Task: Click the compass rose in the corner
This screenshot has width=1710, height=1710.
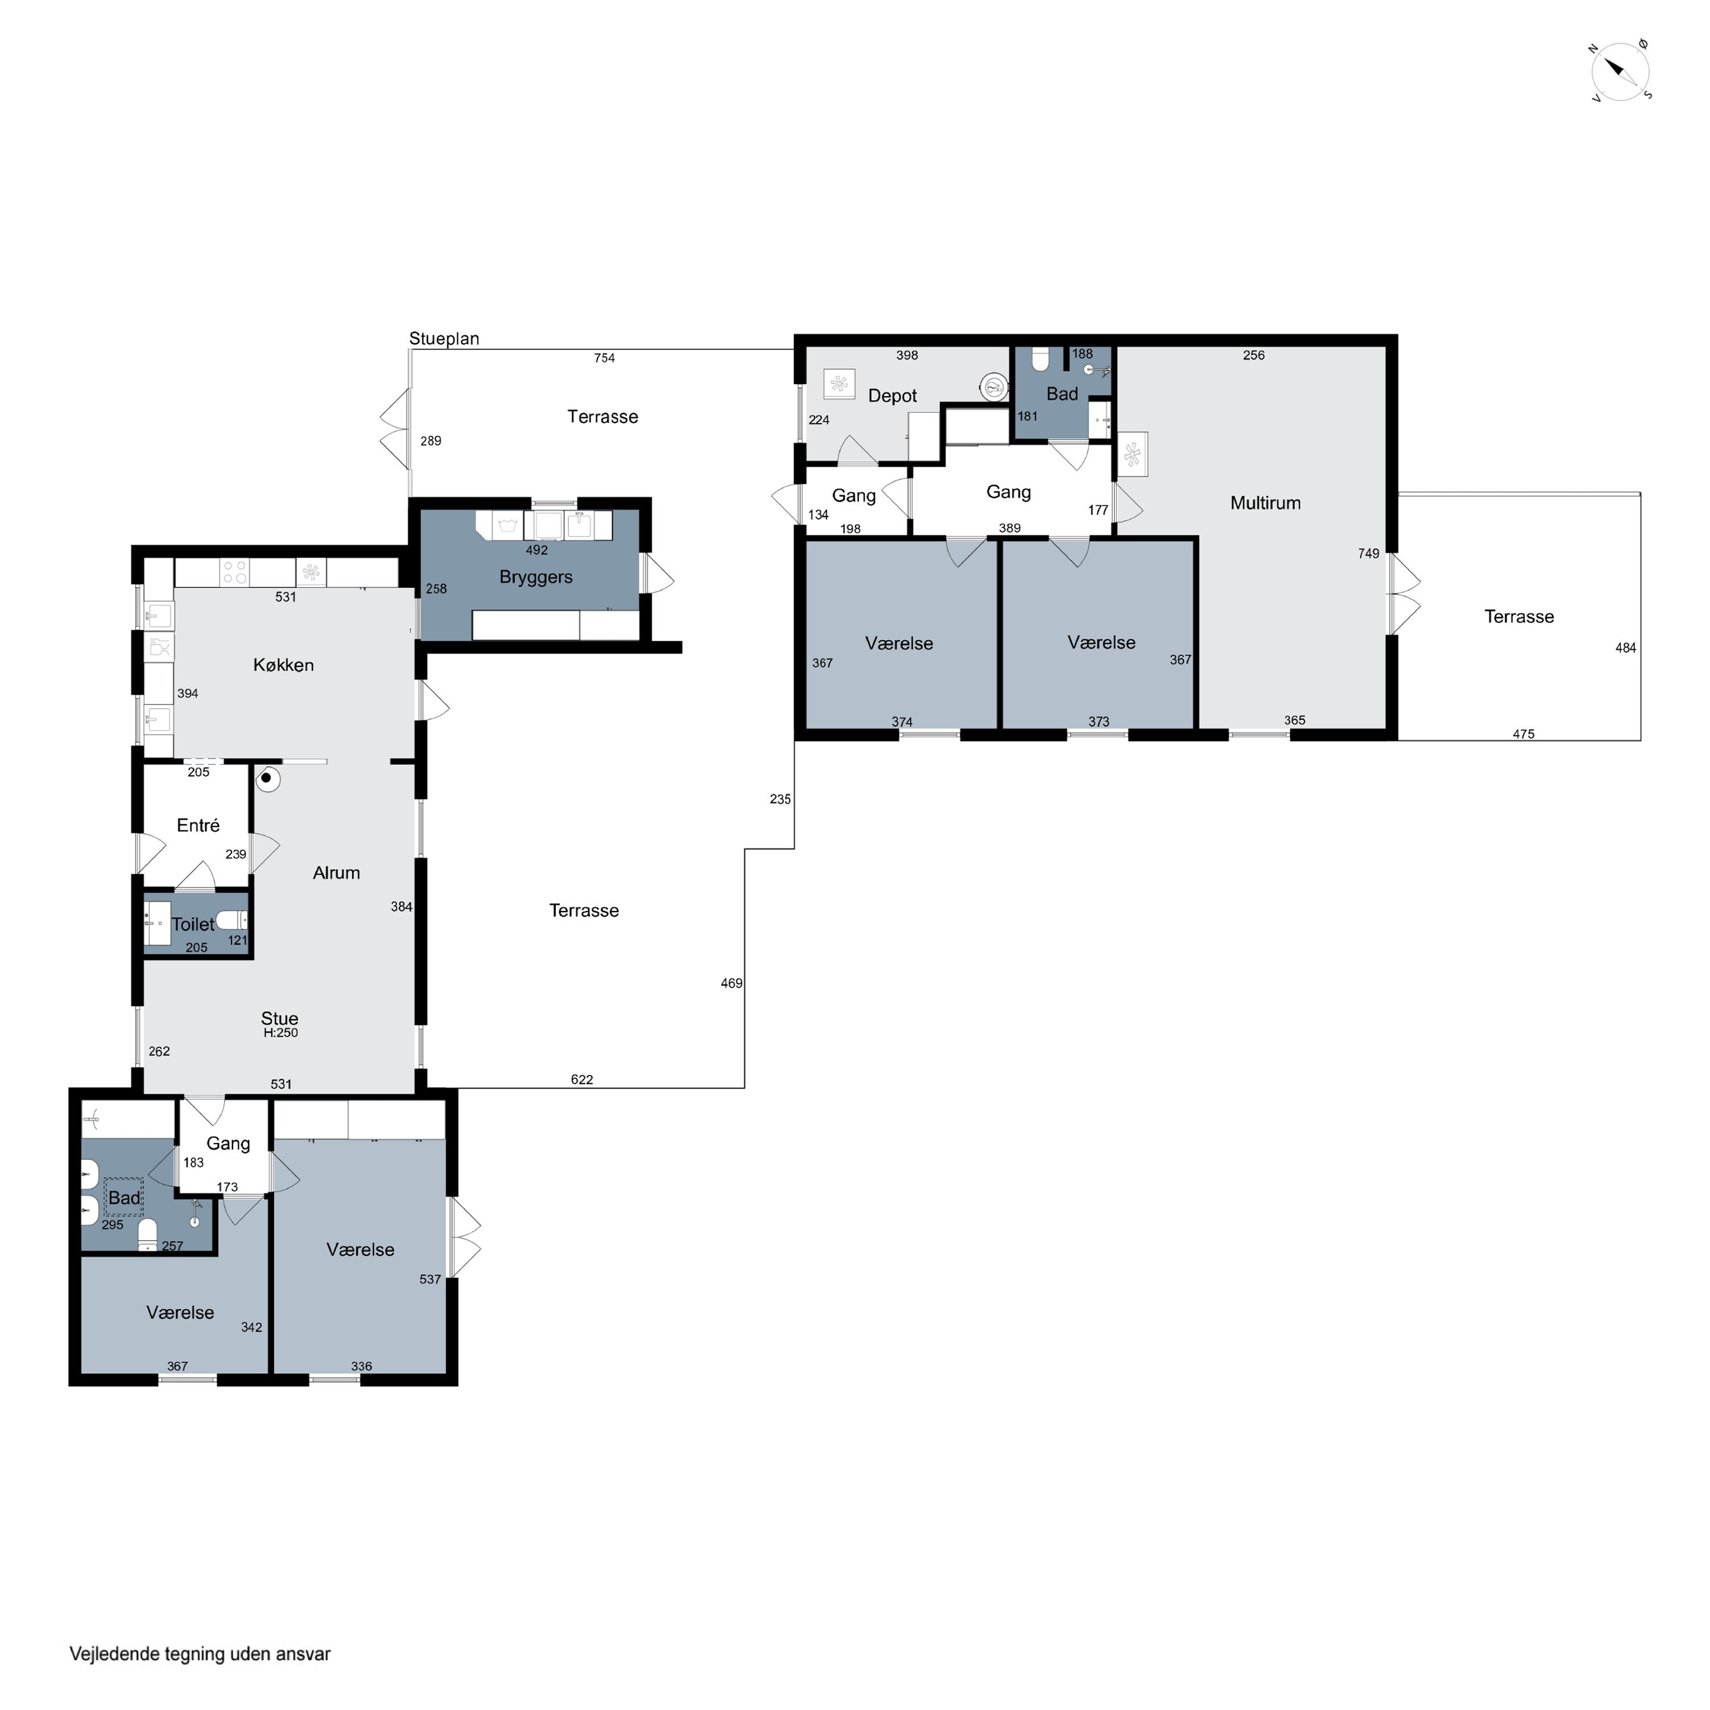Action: (x=1621, y=71)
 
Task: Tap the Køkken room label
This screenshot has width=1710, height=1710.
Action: (x=283, y=665)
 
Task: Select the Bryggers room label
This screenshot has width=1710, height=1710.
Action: (x=535, y=577)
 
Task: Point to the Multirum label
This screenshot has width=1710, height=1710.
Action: (x=1265, y=503)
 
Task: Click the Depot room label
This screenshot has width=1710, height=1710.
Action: (x=892, y=396)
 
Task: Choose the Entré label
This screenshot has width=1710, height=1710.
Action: (x=198, y=825)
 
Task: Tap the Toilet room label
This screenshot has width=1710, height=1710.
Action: (x=193, y=924)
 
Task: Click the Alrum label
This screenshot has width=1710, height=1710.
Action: (x=336, y=873)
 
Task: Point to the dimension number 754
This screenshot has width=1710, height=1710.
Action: (x=605, y=357)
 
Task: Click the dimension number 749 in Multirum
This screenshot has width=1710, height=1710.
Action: (x=1369, y=553)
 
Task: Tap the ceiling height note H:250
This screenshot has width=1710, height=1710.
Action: (x=280, y=1032)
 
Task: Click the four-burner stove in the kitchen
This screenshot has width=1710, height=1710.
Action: (x=234, y=572)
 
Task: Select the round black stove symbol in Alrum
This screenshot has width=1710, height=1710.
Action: (x=266, y=779)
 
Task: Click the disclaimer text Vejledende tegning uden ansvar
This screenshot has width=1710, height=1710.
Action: (x=200, y=1654)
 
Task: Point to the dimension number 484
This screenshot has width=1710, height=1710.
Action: (x=1625, y=648)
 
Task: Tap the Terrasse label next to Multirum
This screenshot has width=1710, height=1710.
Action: (x=1519, y=617)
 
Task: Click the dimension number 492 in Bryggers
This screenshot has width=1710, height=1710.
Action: (x=536, y=549)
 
